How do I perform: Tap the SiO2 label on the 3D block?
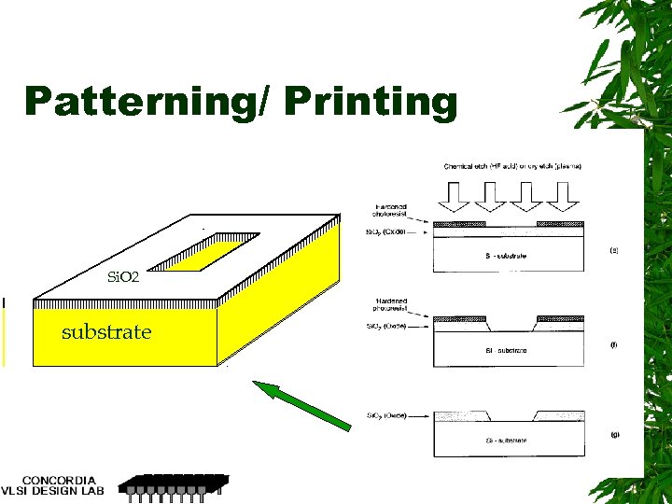[x=123, y=277]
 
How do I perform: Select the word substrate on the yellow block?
[x=106, y=332]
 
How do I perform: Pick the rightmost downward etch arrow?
[x=564, y=193]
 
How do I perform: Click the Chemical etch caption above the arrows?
[x=512, y=167]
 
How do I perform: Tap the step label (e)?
[x=613, y=251]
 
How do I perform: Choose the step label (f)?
[x=613, y=344]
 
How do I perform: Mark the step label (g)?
[x=613, y=435]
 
